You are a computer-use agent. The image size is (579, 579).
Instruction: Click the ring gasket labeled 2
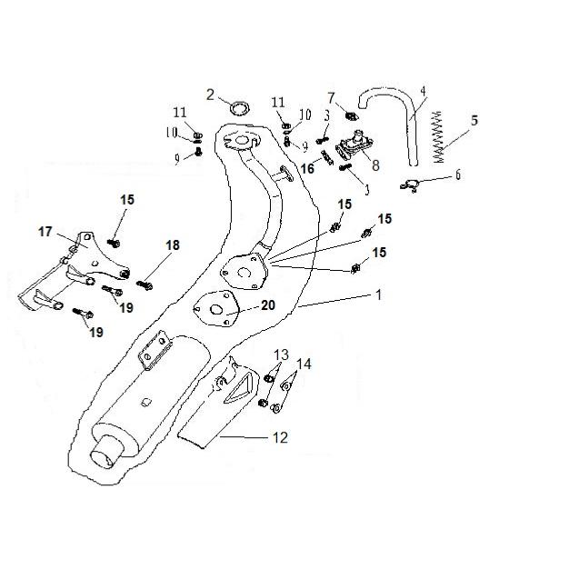240,108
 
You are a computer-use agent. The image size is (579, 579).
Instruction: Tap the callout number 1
378,294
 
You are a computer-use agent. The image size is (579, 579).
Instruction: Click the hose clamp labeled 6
410,186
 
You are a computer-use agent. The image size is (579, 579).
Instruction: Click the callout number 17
45,233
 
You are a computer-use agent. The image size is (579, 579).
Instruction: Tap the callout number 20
268,305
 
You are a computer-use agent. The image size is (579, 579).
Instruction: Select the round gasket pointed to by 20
216,308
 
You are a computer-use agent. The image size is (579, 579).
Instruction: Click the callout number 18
173,245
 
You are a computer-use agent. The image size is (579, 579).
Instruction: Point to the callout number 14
304,364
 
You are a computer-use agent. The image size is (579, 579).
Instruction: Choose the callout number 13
280,354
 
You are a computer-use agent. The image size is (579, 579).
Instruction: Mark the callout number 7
331,97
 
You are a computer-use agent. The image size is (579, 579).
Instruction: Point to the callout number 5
474,119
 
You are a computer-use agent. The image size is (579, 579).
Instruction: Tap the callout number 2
210,94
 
